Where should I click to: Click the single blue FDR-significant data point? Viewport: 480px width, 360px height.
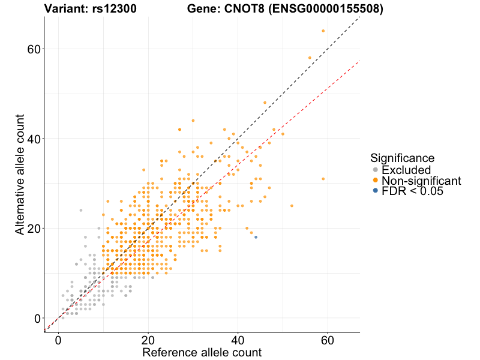256,238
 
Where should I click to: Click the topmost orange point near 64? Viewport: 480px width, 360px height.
323,31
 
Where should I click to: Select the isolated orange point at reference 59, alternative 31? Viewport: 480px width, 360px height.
323,179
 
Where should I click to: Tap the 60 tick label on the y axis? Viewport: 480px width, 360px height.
34,49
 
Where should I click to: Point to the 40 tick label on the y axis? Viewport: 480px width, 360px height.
34,139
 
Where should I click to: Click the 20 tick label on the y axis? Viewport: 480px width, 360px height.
34,229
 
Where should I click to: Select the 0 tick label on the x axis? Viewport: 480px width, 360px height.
58,339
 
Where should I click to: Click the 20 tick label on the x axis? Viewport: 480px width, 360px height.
148,339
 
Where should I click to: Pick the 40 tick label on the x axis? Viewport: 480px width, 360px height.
238,339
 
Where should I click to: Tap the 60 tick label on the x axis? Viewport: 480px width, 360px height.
328,339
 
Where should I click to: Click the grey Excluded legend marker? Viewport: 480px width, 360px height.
376,170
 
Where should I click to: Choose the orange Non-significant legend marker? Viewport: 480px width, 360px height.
376,181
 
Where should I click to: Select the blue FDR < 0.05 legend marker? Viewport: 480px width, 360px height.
376,191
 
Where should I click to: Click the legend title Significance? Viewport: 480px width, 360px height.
402,158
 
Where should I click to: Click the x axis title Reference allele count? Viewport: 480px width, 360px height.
202,352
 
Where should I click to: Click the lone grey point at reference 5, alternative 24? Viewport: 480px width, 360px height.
80,210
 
